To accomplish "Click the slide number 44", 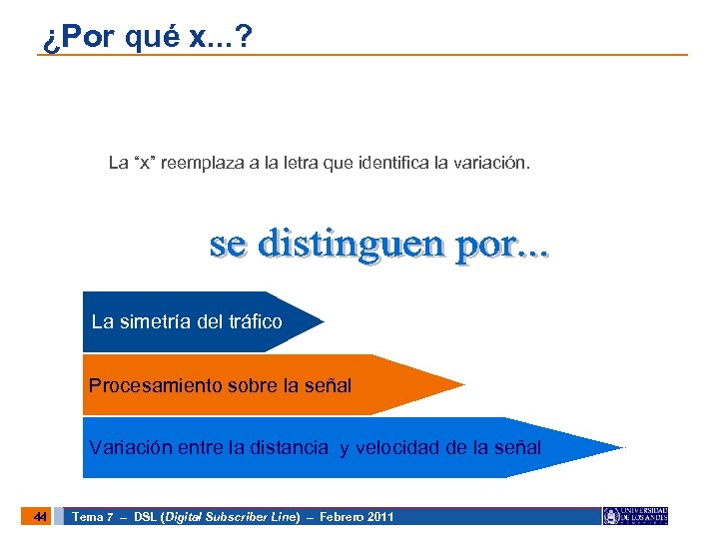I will pos(39,516).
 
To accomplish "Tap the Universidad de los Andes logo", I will pos(635,516).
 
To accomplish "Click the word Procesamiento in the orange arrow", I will pos(146,385).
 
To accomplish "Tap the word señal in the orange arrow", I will pos(329,385).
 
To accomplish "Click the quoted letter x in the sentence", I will pos(148,162).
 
